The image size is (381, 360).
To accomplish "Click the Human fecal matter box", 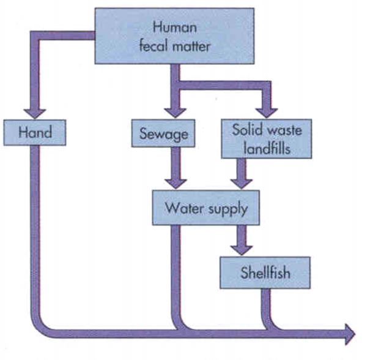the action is coord(174,36).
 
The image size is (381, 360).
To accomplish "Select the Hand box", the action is coord(34,132).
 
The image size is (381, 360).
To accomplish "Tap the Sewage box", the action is coord(163,132).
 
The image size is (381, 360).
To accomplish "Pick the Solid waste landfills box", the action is coord(267,138).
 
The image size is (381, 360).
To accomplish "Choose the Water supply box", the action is coord(206,208).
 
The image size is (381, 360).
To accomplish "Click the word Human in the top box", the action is coord(174,27).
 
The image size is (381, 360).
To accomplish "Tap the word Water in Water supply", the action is coord(183,208).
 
